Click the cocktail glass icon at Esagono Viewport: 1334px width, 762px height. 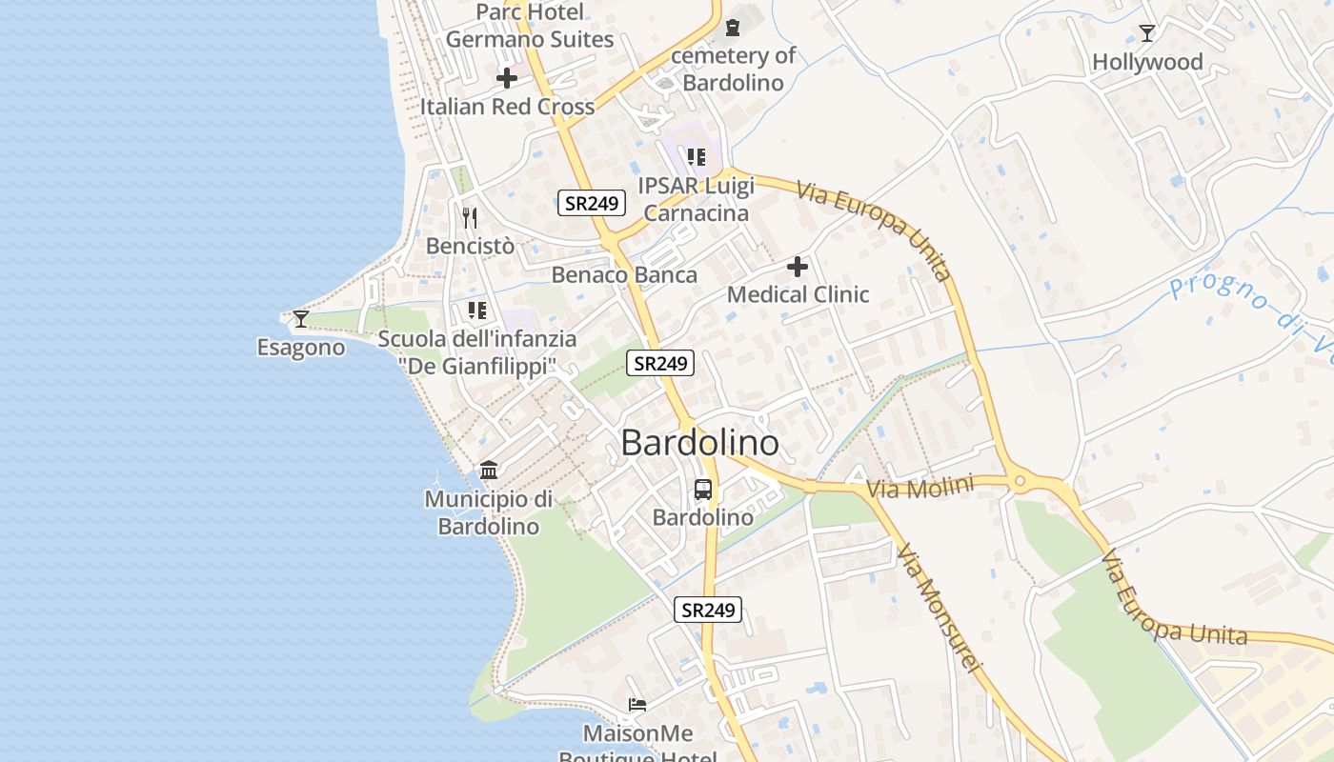(301, 318)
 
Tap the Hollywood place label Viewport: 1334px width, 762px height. (1147, 63)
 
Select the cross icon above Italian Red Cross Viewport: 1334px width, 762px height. (507, 77)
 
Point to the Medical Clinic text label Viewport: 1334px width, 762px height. (798, 294)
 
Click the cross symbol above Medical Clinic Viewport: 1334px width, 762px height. (798, 267)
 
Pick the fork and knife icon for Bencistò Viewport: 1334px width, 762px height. (469, 218)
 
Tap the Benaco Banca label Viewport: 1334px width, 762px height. (624, 275)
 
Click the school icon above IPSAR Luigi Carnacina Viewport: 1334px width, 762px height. (697, 157)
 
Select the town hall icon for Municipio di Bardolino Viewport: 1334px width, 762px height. (489, 470)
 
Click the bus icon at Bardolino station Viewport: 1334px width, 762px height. (703, 490)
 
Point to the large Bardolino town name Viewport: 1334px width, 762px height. (699, 443)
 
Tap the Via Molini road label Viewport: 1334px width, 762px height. (920, 488)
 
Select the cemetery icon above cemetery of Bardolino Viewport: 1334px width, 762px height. (732, 29)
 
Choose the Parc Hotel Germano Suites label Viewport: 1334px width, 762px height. (530, 26)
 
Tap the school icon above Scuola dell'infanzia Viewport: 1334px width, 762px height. (477, 310)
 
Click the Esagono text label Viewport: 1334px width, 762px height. (301, 348)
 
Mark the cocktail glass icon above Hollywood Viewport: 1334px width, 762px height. (1147, 33)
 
